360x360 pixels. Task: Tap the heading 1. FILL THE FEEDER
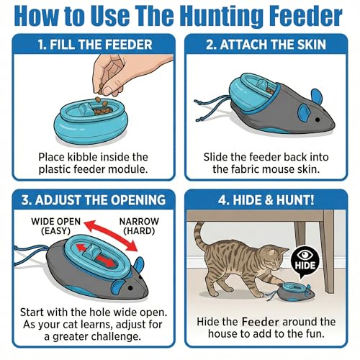[95, 45]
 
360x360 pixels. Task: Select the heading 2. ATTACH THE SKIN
[266, 45]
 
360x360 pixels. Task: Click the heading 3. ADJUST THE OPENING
[94, 200]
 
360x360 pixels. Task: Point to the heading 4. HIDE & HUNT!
[266, 200]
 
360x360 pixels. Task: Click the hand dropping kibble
[125, 73]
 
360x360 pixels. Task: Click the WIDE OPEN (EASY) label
[55, 226]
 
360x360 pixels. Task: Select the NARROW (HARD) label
[139, 226]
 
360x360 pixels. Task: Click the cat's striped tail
[201, 238]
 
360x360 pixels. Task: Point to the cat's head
[276, 258]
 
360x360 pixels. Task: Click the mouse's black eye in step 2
[318, 120]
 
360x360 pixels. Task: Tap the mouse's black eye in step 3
[130, 287]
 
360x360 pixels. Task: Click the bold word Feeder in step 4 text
[261, 322]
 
